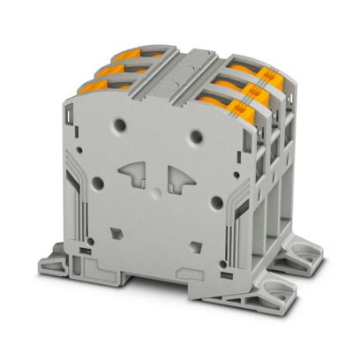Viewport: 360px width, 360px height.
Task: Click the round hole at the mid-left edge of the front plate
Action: tap(98, 184)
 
